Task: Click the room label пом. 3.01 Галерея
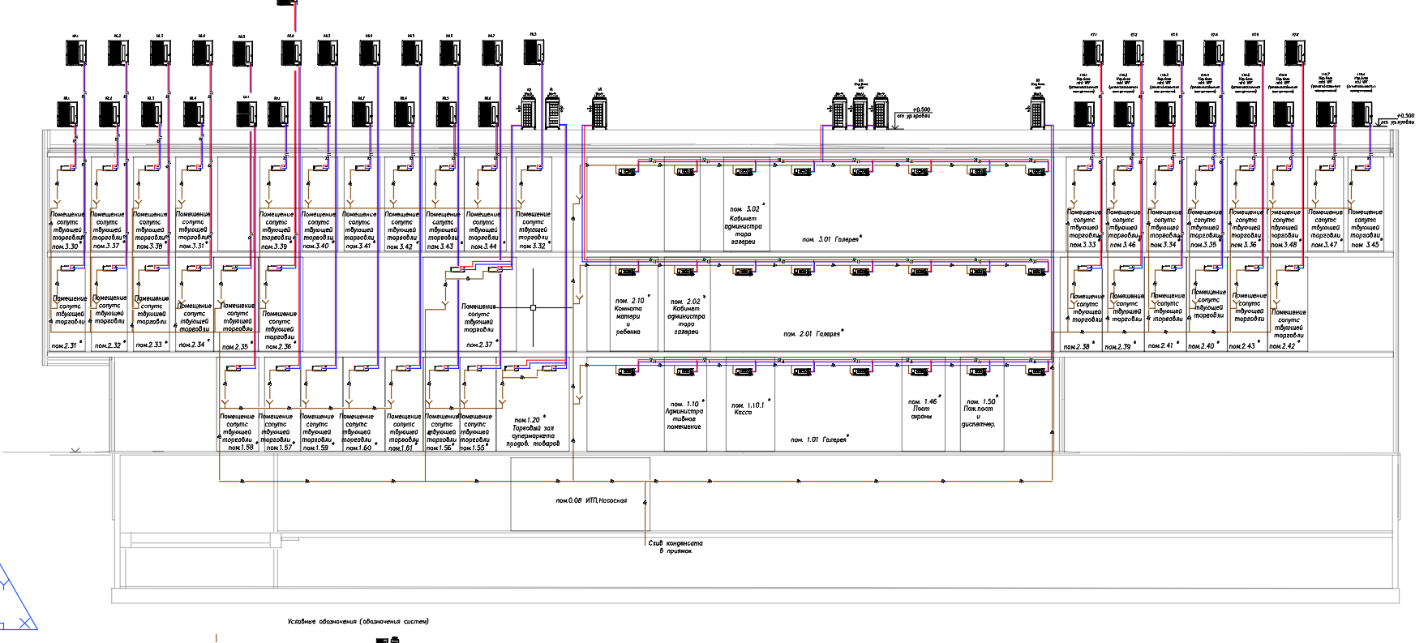click(x=831, y=239)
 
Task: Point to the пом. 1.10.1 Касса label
click(x=748, y=409)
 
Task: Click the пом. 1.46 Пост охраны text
click(x=922, y=409)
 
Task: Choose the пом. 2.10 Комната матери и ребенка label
click(x=628, y=316)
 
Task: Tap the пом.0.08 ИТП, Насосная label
click(x=591, y=500)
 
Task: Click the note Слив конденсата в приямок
click(x=675, y=547)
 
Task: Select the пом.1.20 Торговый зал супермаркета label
click(x=532, y=432)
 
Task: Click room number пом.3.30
click(x=65, y=246)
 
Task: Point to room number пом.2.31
click(x=63, y=346)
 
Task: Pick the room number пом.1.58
click(x=241, y=448)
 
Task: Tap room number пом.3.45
click(x=1365, y=245)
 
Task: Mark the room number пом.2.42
click(x=1283, y=346)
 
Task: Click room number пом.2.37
click(x=479, y=345)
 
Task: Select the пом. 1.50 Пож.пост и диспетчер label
click(x=980, y=413)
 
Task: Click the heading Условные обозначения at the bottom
click(x=358, y=622)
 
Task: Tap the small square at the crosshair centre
click(x=533, y=307)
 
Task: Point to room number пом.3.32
click(x=532, y=246)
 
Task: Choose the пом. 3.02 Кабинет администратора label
click(x=744, y=225)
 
